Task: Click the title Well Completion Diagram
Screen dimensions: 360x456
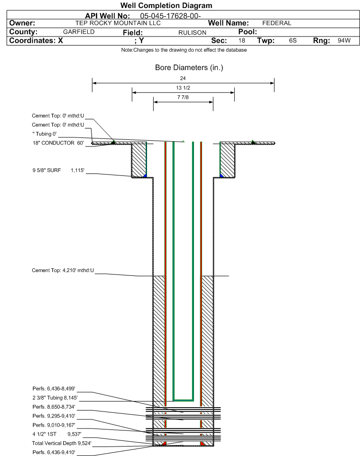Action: (x=166, y=6)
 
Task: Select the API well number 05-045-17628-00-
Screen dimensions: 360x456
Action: (x=170, y=16)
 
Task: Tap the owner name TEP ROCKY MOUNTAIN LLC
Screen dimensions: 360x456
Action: (x=118, y=23)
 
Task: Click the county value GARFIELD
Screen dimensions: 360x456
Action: (x=79, y=32)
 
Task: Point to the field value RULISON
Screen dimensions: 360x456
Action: (x=193, y=33)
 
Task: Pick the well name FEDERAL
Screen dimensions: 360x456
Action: (x=277, y=23)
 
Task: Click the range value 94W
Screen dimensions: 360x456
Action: (x=344, y=40)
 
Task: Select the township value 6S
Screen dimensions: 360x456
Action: (x=293, y=40)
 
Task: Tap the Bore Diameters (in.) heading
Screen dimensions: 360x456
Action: (x=189, y=67)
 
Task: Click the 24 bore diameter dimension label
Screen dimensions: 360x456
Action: (x=183, y=78)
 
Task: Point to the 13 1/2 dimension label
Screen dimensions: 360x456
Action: (x=183, y=88)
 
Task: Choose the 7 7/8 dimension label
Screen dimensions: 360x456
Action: (x=183, y=97)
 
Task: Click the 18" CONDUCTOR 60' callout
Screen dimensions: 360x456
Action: (x=58, y=143)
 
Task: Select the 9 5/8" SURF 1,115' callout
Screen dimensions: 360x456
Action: (x=58, y=170)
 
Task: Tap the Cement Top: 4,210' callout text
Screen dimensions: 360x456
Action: (x=63, y=270)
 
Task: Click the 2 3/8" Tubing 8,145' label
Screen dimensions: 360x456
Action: (x=55, y=398)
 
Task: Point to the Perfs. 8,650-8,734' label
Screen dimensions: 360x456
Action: (x=54, y=407)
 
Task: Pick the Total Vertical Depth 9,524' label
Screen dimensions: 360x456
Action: (x=62, y=443)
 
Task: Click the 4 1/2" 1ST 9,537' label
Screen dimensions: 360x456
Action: (x=57, y=434)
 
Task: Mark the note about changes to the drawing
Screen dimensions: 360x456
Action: (x=184, y=50)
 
